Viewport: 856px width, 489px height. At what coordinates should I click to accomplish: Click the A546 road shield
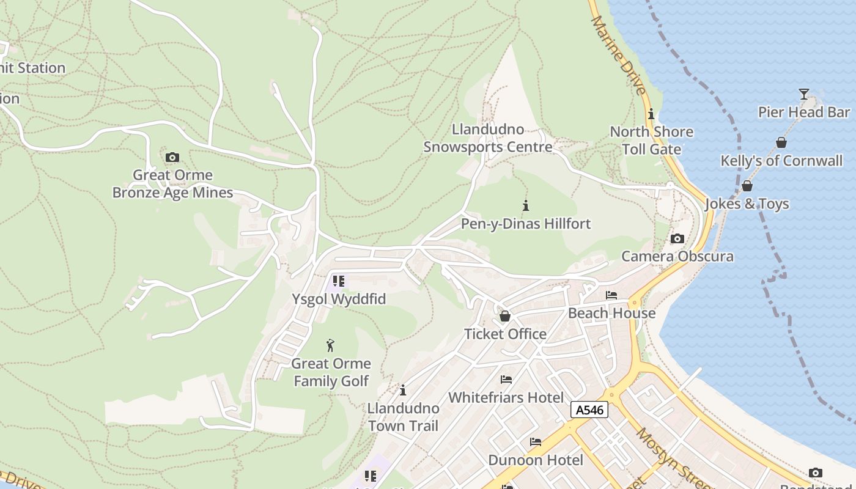[x=589, y=410]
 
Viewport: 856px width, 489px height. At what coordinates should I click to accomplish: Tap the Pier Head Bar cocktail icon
[x=803, y=94]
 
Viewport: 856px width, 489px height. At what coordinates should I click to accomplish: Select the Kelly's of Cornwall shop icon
[x=781, y=142]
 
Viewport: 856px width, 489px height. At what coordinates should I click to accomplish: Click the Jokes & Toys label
[x=747, y=204]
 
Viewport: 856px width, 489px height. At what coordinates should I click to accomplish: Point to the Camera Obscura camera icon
[x=677, y=238]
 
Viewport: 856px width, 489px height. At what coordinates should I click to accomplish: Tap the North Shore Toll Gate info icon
[x=651, y=114]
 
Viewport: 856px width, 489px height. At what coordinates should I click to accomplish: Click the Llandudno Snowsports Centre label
[x=488, y=138]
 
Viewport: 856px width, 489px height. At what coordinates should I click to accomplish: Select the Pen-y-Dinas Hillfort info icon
[x=525, y=205]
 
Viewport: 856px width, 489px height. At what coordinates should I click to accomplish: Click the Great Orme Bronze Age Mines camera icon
[x=172, y=157]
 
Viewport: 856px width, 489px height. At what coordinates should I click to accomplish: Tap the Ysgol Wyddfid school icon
[x=338, y=281]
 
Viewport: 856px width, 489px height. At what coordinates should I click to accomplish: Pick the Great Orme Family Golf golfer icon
[x=331, y=345]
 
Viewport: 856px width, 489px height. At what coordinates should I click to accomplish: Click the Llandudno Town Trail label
[x=403, y=417]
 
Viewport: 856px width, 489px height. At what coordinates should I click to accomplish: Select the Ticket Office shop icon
[x=505, y=316]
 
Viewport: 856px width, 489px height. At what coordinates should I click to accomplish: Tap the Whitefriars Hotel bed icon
[x=506, y=380]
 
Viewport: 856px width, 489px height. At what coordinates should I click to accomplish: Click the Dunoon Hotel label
[x=536, y=460]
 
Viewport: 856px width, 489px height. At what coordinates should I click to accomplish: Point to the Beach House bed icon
[x=611, y=295]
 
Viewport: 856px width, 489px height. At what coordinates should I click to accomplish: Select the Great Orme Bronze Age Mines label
[x=172, y=184]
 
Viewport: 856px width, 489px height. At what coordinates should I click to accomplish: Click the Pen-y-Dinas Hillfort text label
[x=526, y=224]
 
